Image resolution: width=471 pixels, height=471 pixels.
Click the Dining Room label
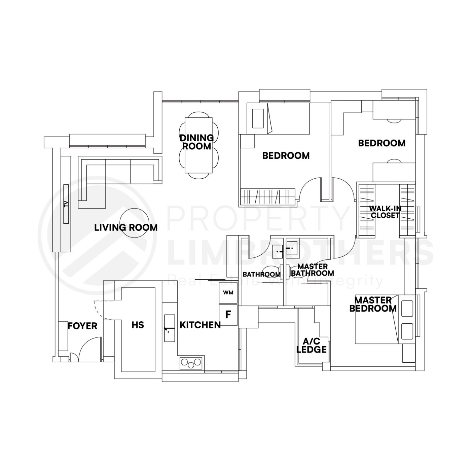click(x=196, y=142)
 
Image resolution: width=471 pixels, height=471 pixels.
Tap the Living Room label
click(x=126, y=228)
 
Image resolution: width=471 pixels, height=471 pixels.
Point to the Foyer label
click(x=82, y=326)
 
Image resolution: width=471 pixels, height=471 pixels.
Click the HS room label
click(x=138, y=325)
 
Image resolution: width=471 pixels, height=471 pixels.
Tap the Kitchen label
click(x=200, y=325)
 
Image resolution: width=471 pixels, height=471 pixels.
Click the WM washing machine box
click(x=228, y=292)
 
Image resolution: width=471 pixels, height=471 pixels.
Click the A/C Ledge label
click(x=312, y=346)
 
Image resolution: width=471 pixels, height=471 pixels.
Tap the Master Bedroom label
click(x=373, y=304)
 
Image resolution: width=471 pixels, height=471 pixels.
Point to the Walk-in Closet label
click(x=385, y=212)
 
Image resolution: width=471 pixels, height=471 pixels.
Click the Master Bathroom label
click(x=312, y=270)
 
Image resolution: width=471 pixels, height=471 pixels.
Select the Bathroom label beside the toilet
click(x=261, y=275)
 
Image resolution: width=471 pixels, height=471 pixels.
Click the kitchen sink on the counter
click(x=170, y=328)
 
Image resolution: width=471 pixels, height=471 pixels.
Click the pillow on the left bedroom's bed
click(x=258, y=118)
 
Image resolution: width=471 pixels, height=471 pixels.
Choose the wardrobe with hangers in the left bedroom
click(x=268, y=196)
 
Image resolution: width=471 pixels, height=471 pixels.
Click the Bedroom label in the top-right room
click(x=382, y=143)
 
